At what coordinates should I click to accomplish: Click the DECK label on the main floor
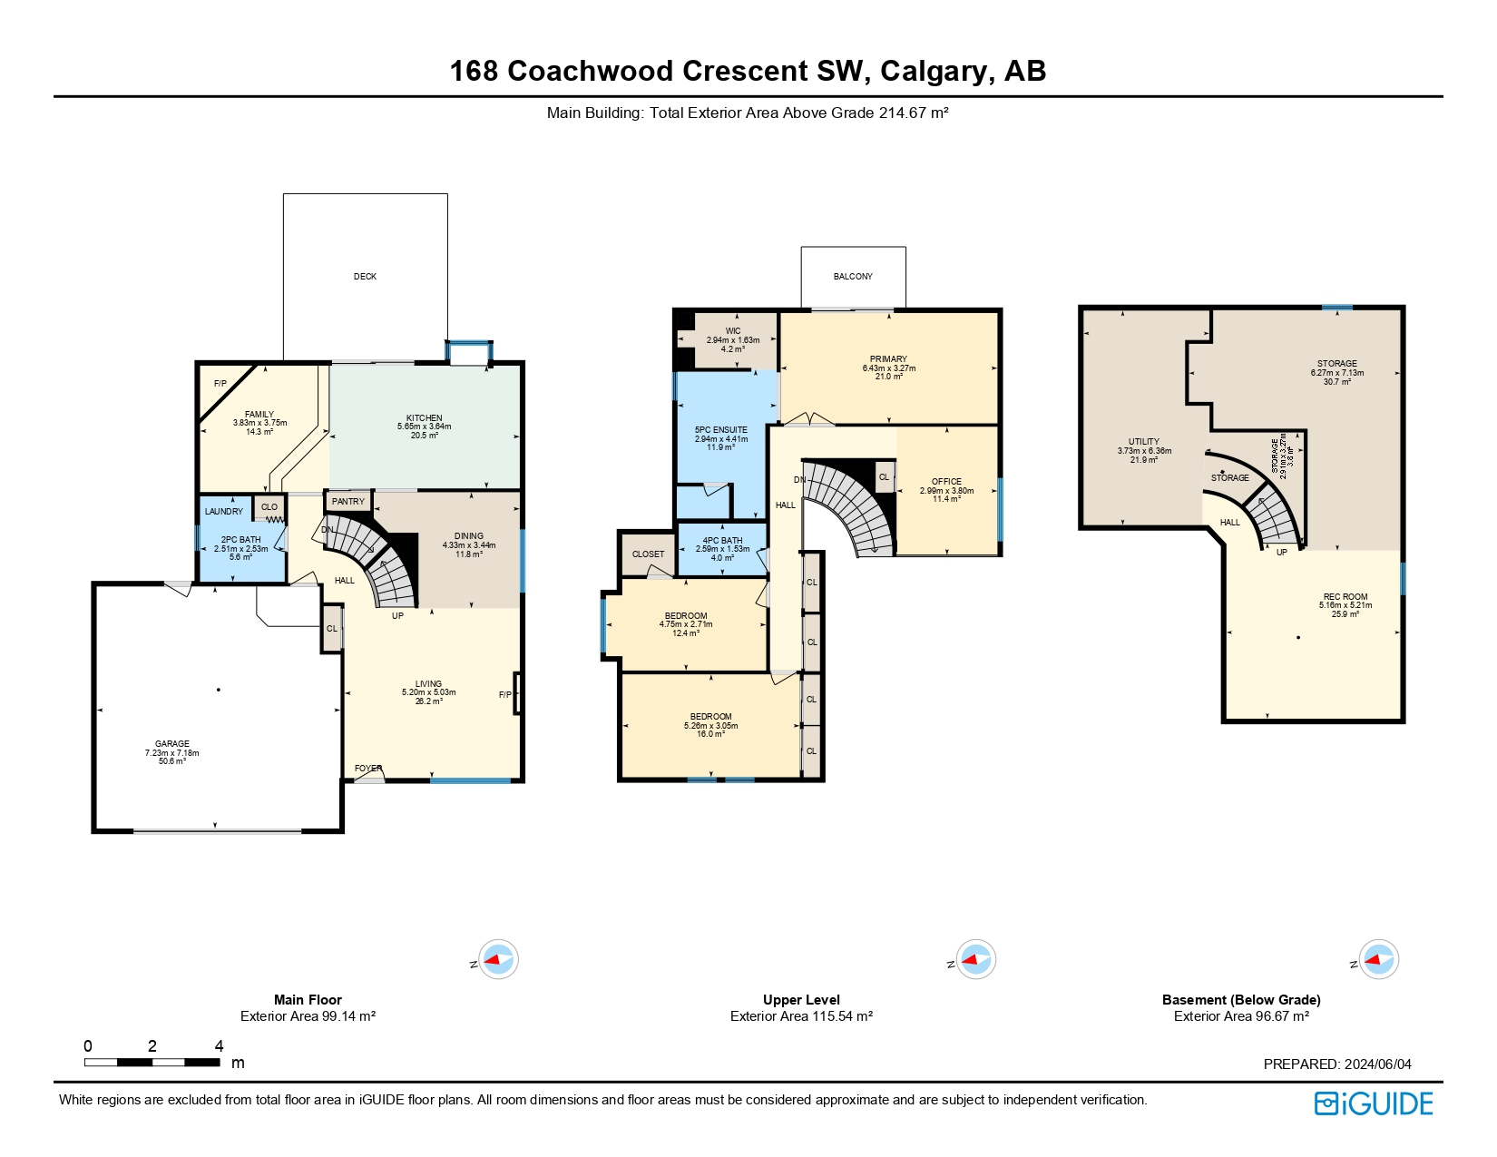pyautogui.click(x=365, y=277)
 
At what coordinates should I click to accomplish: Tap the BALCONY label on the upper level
pyautogui.click(x=853, y=277)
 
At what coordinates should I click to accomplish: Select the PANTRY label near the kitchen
pyautogui.click(x=347, y=501)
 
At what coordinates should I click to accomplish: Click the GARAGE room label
pyautogui.click(x=172, y=743)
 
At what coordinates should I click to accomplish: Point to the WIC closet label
pyautogui.click(x=733, y=331)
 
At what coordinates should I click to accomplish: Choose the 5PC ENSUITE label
pyautogui.click(x=721, y=429)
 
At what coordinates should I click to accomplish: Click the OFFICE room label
pyautogui.click(x=946, y=482)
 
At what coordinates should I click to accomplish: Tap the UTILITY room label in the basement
pyautogui.click(x=1143, y=442)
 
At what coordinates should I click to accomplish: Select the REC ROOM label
pyautogui.click(x=1345, y=597)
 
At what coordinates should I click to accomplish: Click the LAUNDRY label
pyautogui.click(x=224, y=511)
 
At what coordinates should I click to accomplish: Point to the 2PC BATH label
pyautogui.click(x=241, y=540)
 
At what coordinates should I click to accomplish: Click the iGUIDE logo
pyautogui.click(x=1374, y=1104)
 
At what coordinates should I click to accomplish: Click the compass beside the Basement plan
pyautogui.click(x=1379, y=959)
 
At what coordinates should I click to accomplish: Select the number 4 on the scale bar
pyautogui.click(x=219, y=1046)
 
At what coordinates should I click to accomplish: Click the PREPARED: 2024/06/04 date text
pyautogui.click(x=1337, y=1064)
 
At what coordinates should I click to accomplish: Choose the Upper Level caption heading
pyautogui.click(x=801, y=1000)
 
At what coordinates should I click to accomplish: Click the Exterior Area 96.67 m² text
pyautogui.click(x=1241, y=1016)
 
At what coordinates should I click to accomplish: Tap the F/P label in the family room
pyautogui.click(x=220, y=384)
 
